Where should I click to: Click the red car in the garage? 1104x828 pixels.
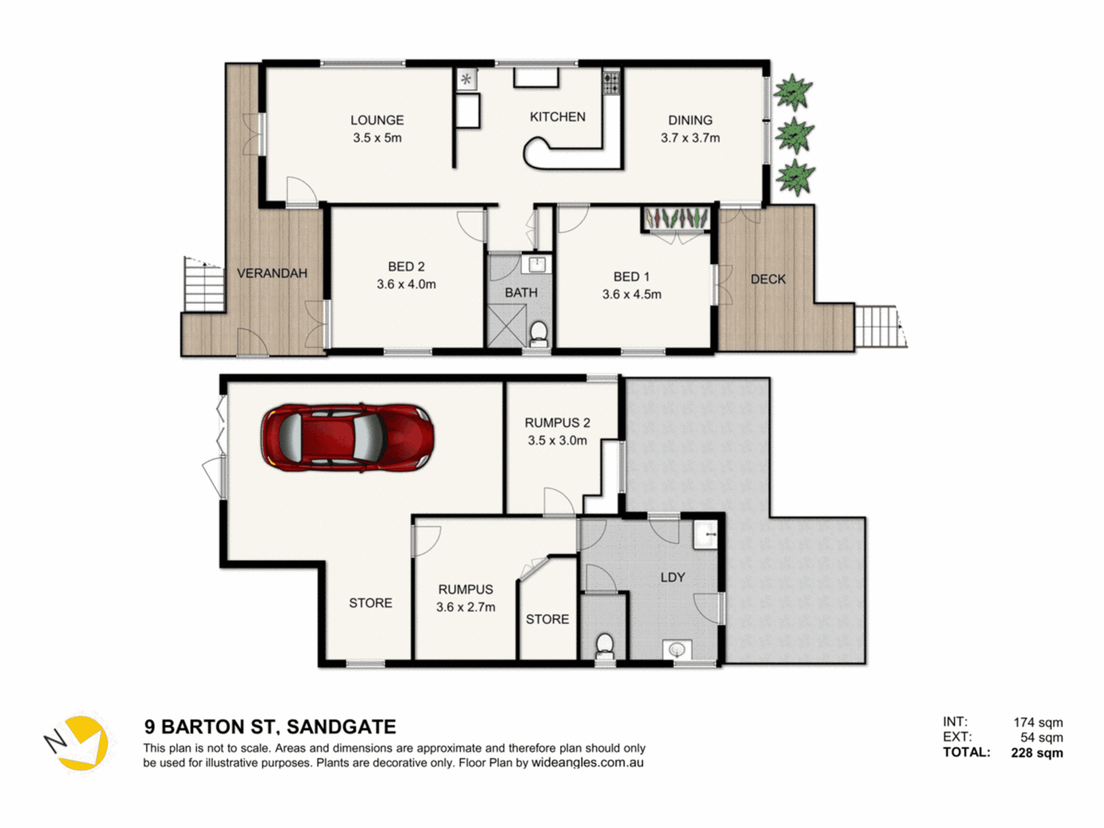[347, 437]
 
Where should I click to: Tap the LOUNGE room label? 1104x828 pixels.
[377, 120]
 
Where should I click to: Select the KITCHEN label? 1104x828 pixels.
[557, 117]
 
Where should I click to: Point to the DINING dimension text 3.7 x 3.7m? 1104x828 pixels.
[690, 138]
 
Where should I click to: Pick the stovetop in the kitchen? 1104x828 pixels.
[611, 81]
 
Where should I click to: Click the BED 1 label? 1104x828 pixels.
[631, 277]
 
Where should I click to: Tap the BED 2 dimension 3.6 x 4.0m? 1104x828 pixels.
[406, 284]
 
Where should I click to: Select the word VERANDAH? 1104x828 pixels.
[272, 273]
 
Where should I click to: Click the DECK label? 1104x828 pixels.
[768, 279]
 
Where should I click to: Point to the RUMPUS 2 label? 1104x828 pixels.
[557, 423]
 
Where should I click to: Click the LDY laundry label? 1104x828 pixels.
[672, 578]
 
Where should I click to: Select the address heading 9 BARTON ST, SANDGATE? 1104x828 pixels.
[270, 727]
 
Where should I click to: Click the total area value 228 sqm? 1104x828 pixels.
[1037, 753]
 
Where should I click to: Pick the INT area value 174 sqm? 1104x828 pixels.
[1038, 723]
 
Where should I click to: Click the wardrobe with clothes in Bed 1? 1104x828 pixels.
[676, 219]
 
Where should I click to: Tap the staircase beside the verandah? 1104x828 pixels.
[203, 285]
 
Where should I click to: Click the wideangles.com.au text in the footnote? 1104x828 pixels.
[587, 763]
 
